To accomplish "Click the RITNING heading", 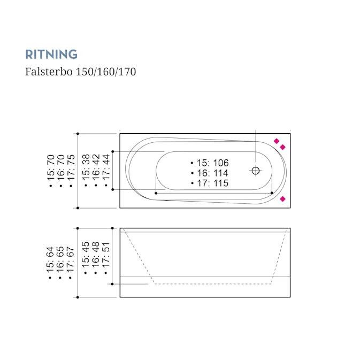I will point(51,54).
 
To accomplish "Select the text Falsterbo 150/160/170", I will point(80,71).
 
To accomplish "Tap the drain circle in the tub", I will point(256,171).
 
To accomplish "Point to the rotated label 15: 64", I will point(51,260).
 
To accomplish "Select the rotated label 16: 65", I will point(61,260).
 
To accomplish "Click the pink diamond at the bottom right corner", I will point(283,198).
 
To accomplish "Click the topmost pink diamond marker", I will point(277,141).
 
